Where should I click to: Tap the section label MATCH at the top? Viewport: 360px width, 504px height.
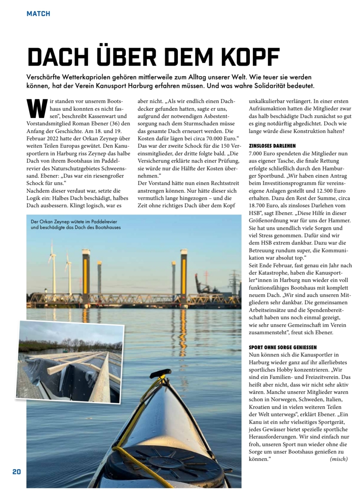click(x=38, y=14)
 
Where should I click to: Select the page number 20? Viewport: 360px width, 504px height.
click(x=17, y=472)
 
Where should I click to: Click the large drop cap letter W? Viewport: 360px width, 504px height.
click(x=36, y=108)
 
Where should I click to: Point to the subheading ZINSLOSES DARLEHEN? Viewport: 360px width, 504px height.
click(x=272, y=146)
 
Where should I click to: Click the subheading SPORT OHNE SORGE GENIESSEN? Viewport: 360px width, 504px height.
click(x=283, y=347)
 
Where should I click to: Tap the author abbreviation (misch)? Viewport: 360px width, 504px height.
click(x=338, y=459)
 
